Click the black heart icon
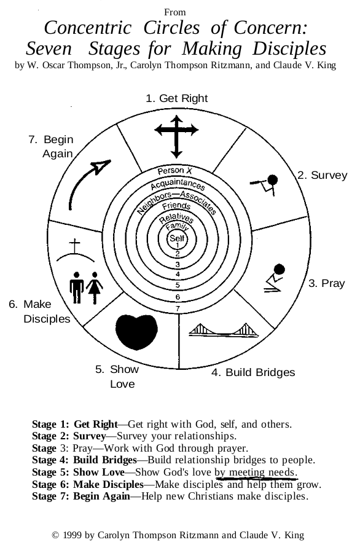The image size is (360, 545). pos(136,332)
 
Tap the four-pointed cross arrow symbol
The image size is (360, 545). pos(176,136)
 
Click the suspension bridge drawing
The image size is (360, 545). pos(224,330)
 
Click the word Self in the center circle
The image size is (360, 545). pos(177,238)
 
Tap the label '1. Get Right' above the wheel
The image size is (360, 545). pos(176,98)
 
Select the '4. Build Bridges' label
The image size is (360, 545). pos(253,372)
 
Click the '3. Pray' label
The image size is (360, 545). pos(327,283)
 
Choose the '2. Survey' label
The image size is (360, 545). pos(322,175)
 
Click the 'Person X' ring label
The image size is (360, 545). pos(174,171)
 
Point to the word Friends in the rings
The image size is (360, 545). pos(176,206)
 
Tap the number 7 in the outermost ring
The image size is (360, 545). pos(178,308)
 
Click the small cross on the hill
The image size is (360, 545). pos(74,246)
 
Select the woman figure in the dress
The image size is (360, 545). pos(94,288)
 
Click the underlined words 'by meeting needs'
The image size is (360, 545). pos(256,472)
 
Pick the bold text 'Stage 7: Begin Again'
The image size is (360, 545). pos(81,496)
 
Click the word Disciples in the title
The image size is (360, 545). pos(289,49)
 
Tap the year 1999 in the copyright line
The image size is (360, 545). pos(73,535)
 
